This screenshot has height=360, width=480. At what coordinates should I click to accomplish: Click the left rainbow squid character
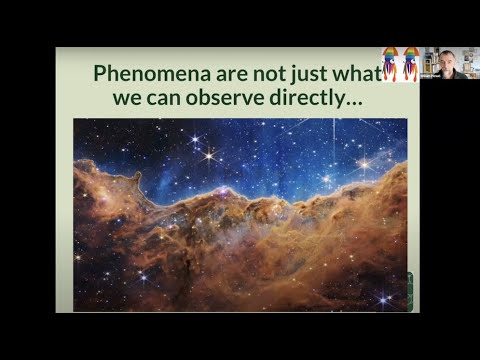tap(390, 64)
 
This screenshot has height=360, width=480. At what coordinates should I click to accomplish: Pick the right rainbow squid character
tap(410, 64)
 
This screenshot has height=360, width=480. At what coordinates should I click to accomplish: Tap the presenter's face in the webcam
tap(446, 60)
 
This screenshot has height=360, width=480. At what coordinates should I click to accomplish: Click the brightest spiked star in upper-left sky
tap(209, 155)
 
